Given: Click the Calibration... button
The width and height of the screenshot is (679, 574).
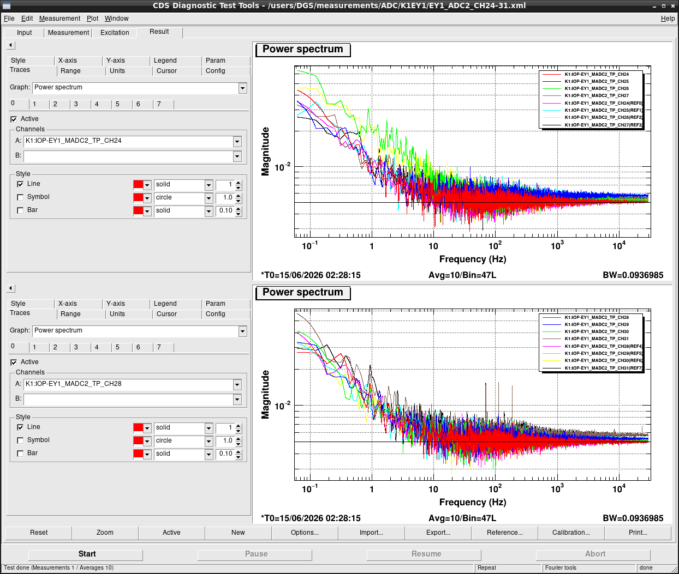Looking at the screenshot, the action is tap(571, 533).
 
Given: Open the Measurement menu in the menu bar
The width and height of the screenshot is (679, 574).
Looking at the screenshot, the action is tap(59, 19).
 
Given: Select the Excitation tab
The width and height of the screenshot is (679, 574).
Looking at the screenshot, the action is tap(114, 33).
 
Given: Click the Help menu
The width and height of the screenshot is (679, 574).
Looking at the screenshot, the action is tap(668, 19).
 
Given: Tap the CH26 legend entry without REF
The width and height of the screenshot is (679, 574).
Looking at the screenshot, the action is tap(597, 88).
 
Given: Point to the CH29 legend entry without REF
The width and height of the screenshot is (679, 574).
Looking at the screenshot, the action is tap(597, 324).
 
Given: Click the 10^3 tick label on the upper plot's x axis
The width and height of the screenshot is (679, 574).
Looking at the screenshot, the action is tap(557, 245).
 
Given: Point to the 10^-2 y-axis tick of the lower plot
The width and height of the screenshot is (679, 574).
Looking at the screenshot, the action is tap(283, 406).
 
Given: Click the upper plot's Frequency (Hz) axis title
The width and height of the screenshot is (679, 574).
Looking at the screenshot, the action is tap(472, 259).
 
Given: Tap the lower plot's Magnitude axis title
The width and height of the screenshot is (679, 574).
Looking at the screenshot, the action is tap(265, 395).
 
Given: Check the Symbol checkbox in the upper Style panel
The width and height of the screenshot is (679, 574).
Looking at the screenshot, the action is tap(20, 197).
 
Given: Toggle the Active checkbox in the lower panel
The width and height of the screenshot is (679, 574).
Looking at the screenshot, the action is tap(14, 362).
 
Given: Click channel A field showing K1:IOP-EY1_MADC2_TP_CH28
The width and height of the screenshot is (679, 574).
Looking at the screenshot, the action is tap(128, 384).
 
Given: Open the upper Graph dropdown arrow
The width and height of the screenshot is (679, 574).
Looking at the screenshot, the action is tap(242, 88).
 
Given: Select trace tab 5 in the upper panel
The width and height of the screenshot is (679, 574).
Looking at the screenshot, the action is tap(117, 104).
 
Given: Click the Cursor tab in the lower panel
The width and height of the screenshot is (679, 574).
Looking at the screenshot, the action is tap(166, 314).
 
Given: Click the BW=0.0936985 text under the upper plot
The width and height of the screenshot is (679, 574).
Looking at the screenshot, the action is tap(633, 275).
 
